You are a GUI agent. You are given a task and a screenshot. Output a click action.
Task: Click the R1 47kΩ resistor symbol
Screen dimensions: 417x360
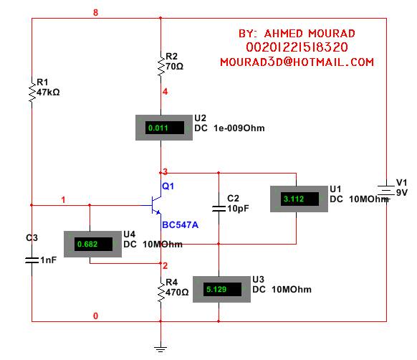pos(32,91)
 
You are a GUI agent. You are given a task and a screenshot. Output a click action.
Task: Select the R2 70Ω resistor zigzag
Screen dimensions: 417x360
pos(160,65)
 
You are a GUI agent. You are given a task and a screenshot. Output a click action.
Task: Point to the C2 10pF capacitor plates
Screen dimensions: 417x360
pos(219,209)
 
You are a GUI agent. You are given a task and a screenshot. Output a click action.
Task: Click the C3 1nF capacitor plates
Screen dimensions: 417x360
pos(32,260)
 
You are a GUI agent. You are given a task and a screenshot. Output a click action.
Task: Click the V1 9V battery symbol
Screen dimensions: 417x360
pos(386,191)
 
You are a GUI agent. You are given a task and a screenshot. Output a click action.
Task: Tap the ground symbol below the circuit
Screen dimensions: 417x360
pos(160,349)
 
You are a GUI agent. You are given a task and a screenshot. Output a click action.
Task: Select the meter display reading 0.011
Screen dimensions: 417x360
pos(164,128)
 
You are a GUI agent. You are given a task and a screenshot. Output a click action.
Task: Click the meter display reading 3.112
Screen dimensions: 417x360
pos(299,199)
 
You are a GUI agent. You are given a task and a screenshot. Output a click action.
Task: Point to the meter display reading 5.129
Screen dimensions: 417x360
pos(222,289)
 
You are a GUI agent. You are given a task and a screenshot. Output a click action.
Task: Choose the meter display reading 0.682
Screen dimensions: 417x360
pos(93,244)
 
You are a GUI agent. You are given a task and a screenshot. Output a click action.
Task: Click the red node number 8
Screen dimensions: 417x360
pos(95,12)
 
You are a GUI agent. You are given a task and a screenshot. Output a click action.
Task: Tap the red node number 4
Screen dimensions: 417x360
pos(165,92)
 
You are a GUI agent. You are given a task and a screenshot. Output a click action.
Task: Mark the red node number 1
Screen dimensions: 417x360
pos(63,199)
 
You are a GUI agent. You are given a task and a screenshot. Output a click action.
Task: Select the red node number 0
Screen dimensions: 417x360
pos(95,316)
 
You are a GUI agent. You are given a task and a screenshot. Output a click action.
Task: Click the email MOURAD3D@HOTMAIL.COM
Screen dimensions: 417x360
pos(297,62)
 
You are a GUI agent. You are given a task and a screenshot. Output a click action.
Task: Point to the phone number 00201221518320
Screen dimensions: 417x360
pos(297,47)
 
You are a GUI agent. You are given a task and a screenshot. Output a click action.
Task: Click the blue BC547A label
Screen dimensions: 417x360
pos(181,225)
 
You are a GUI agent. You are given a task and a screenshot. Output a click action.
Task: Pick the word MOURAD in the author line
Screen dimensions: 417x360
pos(332,34)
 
